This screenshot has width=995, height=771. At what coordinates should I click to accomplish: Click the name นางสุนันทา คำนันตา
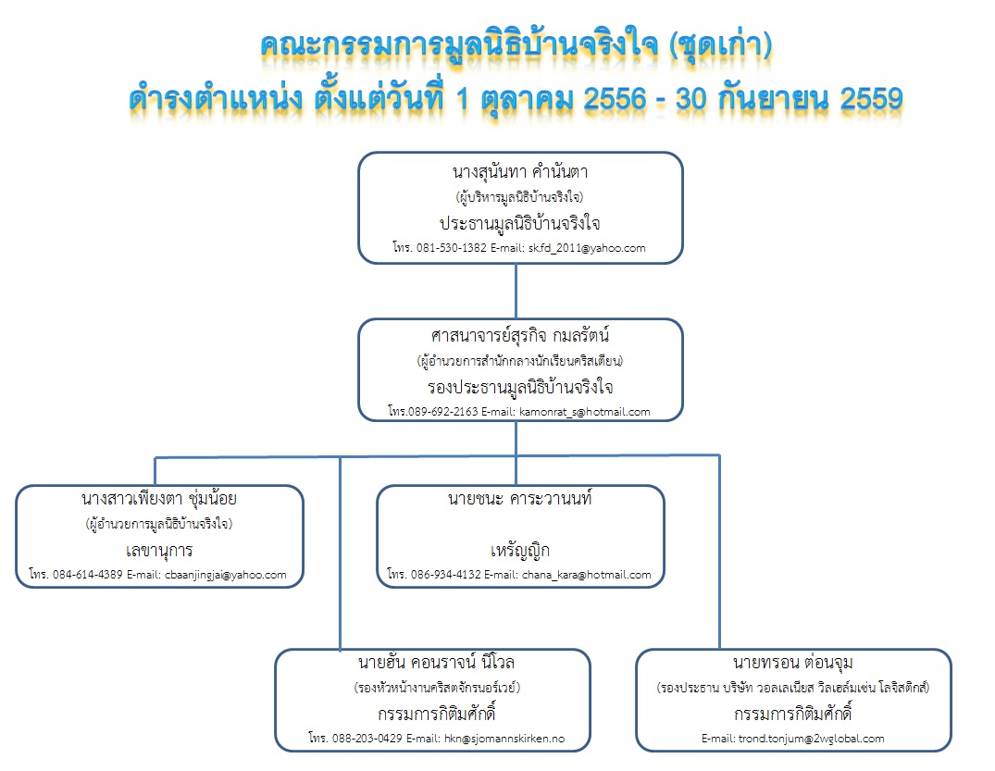520,172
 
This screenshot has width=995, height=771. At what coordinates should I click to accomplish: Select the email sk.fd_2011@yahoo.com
587,248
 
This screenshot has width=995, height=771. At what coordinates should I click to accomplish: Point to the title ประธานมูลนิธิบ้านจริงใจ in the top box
519,223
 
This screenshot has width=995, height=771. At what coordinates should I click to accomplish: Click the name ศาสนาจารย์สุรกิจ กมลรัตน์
520,335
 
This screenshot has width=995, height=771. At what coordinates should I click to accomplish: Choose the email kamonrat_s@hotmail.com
584,412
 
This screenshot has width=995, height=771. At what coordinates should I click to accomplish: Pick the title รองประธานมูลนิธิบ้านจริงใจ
520,387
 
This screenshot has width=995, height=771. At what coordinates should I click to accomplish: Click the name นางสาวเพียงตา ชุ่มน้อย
159,499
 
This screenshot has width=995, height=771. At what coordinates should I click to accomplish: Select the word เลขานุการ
159,550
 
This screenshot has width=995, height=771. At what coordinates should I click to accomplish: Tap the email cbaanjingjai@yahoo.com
225,575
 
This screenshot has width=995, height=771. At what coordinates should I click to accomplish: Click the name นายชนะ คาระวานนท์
519,499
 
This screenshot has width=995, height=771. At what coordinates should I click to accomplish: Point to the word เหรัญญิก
519,550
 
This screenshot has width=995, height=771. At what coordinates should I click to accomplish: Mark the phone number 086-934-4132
446,575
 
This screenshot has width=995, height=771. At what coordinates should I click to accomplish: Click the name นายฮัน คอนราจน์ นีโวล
436,663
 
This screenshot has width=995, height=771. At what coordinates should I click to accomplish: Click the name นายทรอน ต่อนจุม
793,663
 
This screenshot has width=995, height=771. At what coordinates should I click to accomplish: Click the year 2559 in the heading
871,99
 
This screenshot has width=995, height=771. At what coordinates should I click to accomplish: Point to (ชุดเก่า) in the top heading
721,45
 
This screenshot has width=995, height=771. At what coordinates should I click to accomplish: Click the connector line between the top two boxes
516,292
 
